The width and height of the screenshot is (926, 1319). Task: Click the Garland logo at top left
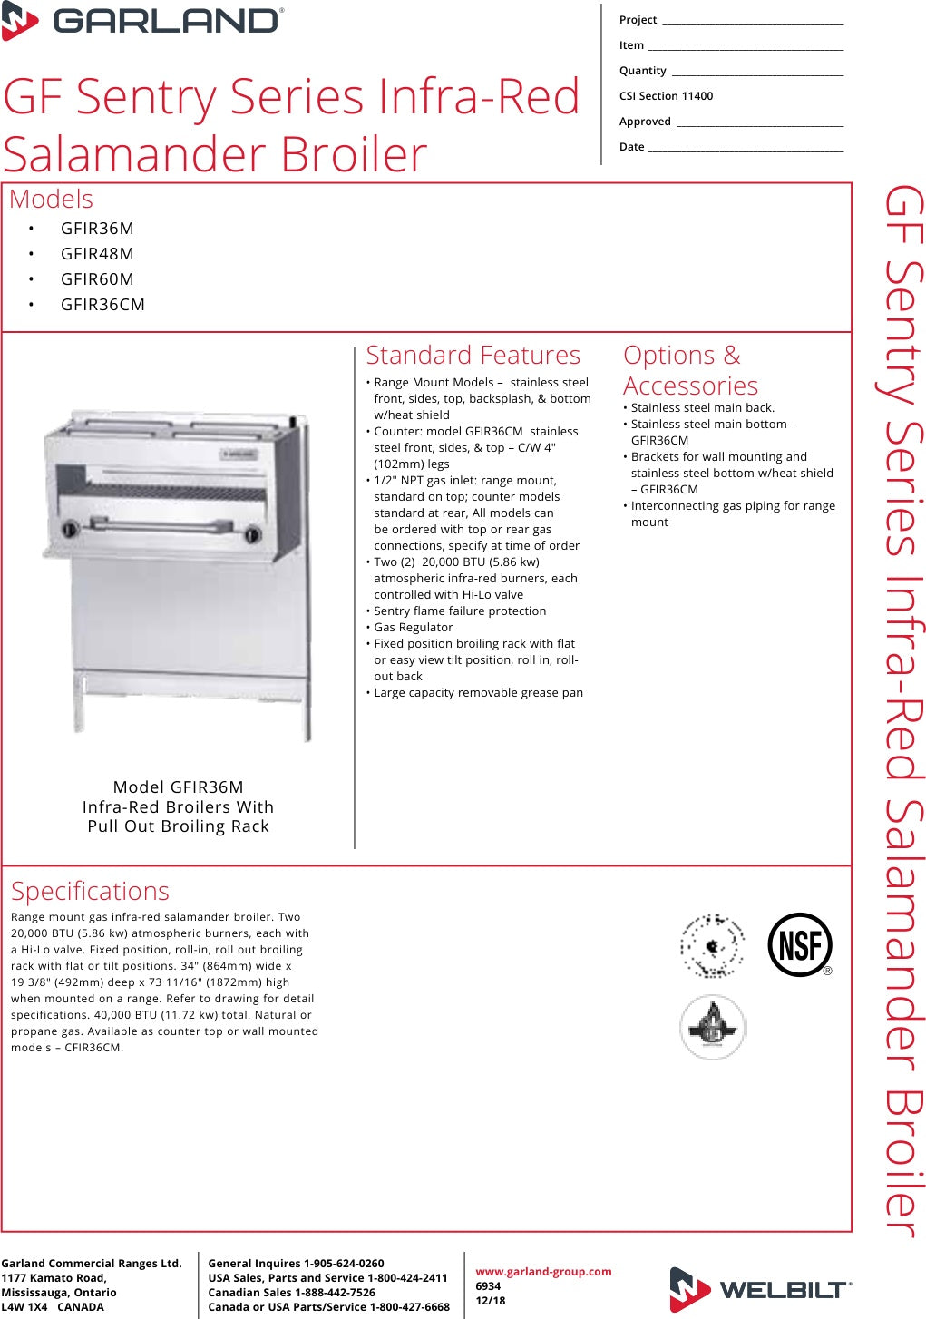pyautogui.click(x=142, y=22)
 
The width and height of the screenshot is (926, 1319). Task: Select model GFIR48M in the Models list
pyautogui.click(x=97, y=254)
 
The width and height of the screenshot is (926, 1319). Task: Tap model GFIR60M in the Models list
pyautogui.click(x=97, y=279)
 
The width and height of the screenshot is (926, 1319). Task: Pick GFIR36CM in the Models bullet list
pyautogui.click(x=102, y=305)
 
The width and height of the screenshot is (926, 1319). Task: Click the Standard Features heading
pyautogui.click(x=473, y=356)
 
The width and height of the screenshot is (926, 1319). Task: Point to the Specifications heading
pyautogui.click(x=90, y=891)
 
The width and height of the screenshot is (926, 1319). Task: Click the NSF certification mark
pyautogui.click(x=799, y=945)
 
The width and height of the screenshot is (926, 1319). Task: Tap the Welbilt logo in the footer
pyautogui.click(x=760, y=1289)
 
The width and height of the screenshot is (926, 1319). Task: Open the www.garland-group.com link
pyautogui.click(x=543, y=1272)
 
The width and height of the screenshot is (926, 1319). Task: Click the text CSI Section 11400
pyautogui.click(x=666, y=96)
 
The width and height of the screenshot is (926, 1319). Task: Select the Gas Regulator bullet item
pyautogui.click(x=413, y=628)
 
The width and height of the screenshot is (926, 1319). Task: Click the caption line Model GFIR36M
pyautogui.click(x=178, y=787)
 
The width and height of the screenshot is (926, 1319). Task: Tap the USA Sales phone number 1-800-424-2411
pyautogui.click(x=407, y=1278)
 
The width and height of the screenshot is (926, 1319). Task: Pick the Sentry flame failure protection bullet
pyautogui.click(x=460, y=611)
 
